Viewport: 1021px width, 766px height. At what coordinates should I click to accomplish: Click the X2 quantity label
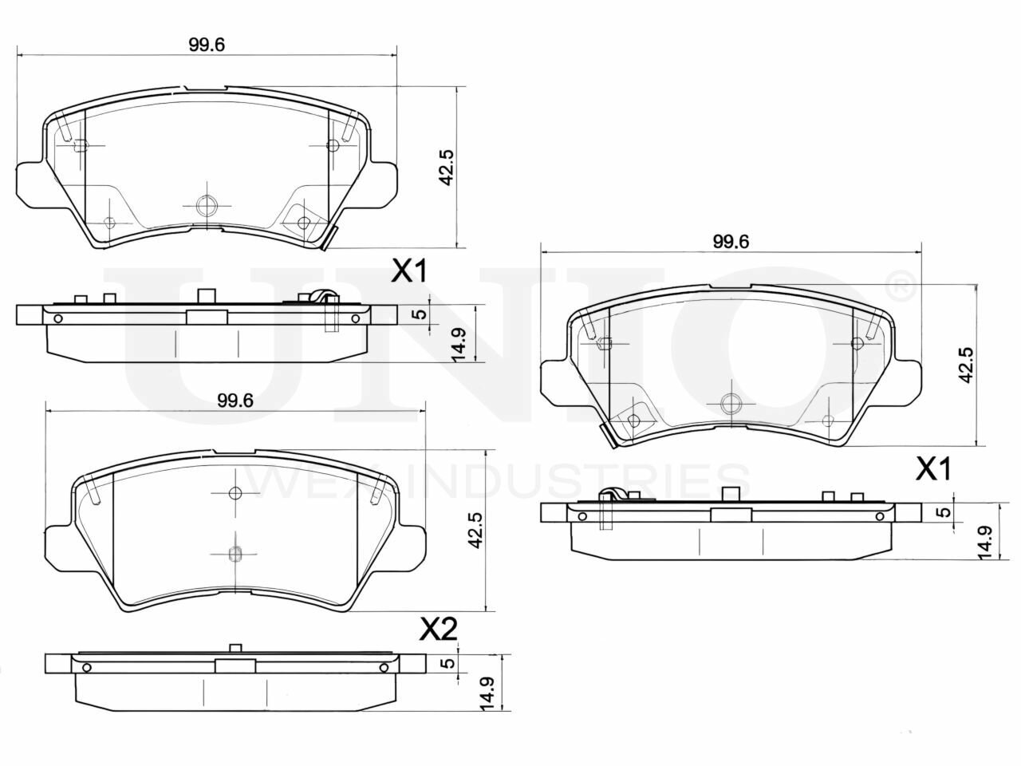438,630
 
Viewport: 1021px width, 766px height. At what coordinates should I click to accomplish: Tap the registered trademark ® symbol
901,286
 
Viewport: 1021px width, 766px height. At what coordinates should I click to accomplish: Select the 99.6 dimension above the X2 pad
235,401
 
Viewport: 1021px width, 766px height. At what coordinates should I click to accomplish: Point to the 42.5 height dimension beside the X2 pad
475,530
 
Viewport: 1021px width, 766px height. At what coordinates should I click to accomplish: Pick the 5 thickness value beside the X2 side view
447,663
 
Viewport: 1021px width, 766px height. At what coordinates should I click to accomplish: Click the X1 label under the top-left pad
408,271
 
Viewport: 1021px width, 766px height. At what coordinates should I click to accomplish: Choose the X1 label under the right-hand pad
932,469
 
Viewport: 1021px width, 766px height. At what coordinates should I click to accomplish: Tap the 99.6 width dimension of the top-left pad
207,45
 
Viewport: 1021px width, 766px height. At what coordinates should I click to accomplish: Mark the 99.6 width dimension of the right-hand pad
731,242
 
